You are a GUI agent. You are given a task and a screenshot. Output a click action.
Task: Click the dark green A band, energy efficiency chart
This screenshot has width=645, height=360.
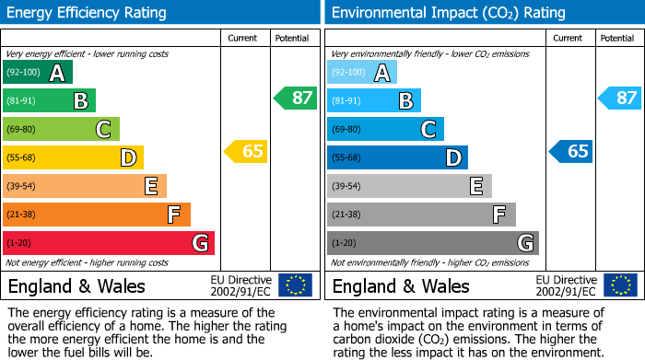37,73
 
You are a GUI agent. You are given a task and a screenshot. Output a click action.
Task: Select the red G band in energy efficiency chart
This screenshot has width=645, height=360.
108,243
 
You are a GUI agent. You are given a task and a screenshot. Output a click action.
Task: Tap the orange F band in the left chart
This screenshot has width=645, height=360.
96,215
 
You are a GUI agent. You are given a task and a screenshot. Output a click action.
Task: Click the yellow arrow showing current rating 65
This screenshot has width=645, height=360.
246,151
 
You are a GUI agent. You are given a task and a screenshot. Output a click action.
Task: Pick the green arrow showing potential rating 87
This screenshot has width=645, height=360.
295,98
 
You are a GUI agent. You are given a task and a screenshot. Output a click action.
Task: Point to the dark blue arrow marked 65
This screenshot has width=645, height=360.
570,151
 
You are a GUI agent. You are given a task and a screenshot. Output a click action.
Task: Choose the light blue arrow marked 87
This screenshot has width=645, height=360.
619,98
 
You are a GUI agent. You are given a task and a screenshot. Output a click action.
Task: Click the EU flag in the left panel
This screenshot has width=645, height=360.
295,285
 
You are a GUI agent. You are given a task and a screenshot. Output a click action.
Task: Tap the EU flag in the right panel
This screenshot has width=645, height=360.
619,285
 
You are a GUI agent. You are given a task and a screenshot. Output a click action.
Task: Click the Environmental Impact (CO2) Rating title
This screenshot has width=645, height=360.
448,13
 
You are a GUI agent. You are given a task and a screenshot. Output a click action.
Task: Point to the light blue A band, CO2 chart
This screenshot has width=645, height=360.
361,73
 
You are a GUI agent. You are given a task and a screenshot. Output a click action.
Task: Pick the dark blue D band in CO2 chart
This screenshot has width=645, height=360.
396,157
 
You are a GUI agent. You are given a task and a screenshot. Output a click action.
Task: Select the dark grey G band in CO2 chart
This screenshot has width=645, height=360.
432,243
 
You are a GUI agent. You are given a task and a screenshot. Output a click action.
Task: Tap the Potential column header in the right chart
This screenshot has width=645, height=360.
617,38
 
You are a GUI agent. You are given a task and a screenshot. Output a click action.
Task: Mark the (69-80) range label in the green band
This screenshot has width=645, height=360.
21,129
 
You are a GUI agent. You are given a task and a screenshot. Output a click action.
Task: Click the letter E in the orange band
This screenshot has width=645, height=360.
151,186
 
